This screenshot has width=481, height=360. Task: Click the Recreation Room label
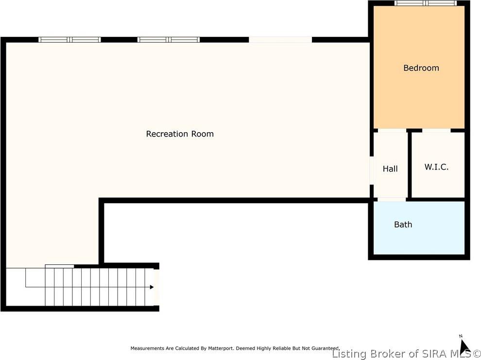coord(180,134)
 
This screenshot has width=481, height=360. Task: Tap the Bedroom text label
coord(421,68)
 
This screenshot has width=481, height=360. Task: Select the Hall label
coord(390,169)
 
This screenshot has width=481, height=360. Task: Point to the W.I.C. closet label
coord(436,167)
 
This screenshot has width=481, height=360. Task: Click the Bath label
coord(403,224)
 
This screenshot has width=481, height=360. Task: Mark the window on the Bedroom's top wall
coord(426,3)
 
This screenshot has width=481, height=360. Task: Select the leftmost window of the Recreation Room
coord(69,39)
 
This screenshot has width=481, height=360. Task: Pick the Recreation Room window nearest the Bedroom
coord(169,39)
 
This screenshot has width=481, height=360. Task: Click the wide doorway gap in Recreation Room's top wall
coord(280,39)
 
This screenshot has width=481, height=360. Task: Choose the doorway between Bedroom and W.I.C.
coord(436,130)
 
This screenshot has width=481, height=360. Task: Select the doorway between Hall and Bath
coord(392,199)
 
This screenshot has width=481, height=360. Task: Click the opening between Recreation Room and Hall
coord(371,170)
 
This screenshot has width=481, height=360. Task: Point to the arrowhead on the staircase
coord(152,287)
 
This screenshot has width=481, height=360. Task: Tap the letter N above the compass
coord(460,336)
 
